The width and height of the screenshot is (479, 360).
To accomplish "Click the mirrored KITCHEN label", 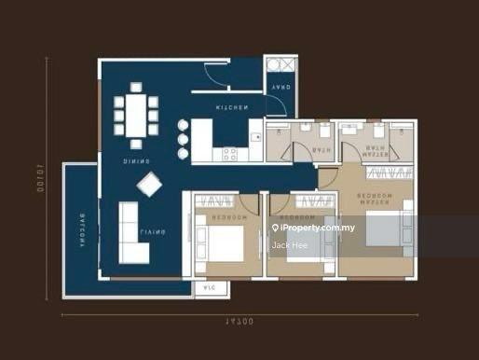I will [231, 109].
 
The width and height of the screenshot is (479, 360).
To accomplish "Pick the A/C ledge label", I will [206, 288].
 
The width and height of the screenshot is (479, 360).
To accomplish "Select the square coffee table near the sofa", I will [148, 186].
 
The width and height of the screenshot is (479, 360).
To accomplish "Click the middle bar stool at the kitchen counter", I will [182, 138].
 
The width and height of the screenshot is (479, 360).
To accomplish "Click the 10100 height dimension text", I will [43, 177].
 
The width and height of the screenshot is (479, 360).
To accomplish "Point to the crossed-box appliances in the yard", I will [280, 67].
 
